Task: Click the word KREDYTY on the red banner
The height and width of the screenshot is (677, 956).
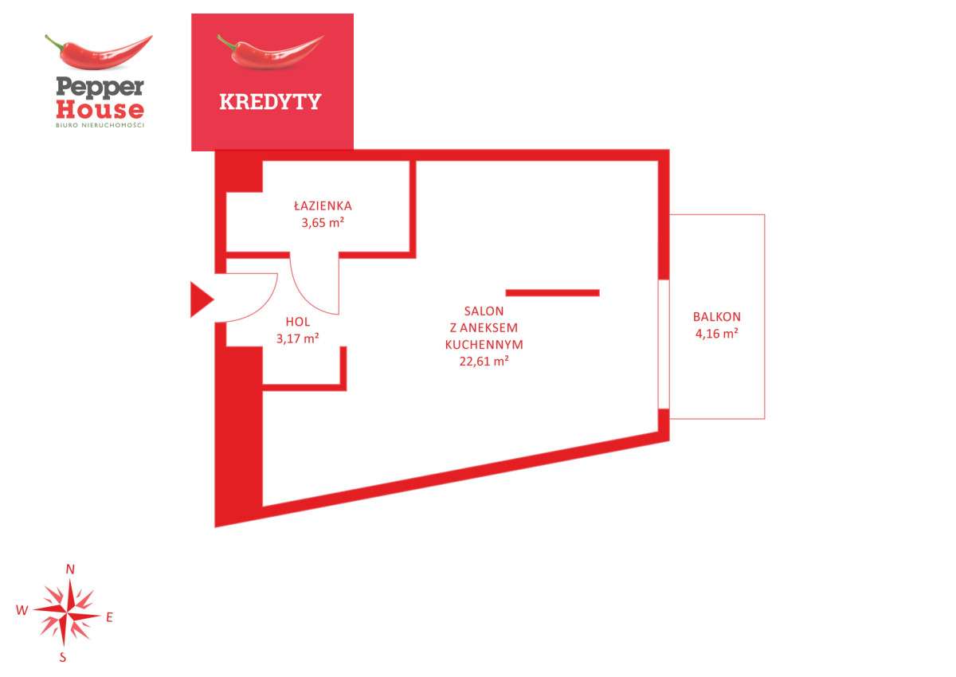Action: tap(270, 101)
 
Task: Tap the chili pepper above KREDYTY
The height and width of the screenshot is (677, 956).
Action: tap(270, 52)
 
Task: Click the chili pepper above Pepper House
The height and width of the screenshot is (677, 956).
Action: tap(99, 52)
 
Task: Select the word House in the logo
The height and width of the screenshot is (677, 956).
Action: tap(100, 110)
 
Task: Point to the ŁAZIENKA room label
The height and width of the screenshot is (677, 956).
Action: tap(323, 205)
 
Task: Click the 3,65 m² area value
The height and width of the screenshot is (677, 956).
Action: tap(323, 223)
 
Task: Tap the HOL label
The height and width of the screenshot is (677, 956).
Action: tap(298, 322)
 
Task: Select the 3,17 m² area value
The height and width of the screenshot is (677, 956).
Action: tap(298, 338)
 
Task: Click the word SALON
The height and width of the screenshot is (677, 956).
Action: tap(484, 311)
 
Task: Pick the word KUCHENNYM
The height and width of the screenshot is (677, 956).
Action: tap(484, 345)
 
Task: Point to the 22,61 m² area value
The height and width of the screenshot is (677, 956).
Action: tap(484, 362)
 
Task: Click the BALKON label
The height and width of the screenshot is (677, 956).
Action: tap(717, 317)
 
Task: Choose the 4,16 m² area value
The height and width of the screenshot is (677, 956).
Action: tap(717, 334)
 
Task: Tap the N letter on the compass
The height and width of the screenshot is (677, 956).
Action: tap(70, 569)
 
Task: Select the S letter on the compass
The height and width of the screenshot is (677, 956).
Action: tap(63, 657)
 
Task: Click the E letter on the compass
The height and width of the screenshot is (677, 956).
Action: tap(109, 617)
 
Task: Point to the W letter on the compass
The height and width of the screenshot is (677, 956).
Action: tap(22, 610)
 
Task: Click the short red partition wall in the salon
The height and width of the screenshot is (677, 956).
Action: tap(553, 292)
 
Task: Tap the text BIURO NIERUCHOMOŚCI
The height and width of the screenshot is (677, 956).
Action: tap(100, 125)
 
